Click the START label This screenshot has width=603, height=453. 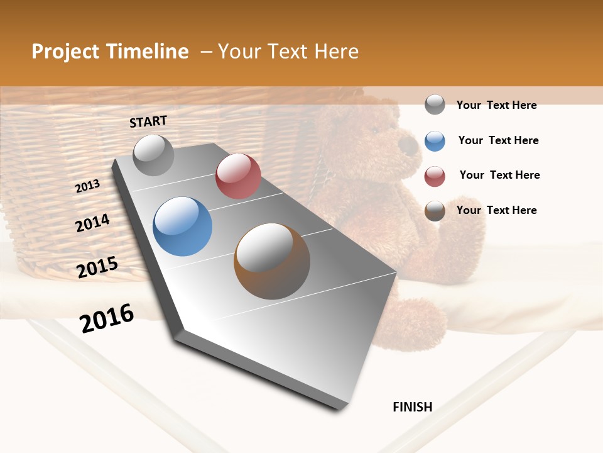pyautogui.click(x=148, y=121)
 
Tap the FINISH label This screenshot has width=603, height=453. pyautogui.click(x=412, y=407)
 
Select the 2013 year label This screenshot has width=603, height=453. pyautogui.click(x=87, y=186)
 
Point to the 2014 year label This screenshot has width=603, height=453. pyautogui.click(x=92, y=223)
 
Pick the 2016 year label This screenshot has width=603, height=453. pyautogui.click(x=107, y=318)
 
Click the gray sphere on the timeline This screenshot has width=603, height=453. pyautogui.click(x=153, y=155)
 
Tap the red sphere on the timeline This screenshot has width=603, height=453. pyautogui.click(x=238, y=176)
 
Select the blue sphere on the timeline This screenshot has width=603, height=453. pyautogui.click(x=183, y=226)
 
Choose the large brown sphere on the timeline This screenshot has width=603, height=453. pyautogui.click(x=272, y=261)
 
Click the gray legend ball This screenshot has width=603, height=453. pyautogui.click(x=435, y=105)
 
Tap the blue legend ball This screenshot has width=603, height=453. pyautogui.click(x=435, y=141)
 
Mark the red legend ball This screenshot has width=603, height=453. pyautogui.click(x=435, y=176)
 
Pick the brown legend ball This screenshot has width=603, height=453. pyautogui.click(x=435, y=211)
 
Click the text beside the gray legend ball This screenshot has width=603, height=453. pyautogui.click(x=496, y=106)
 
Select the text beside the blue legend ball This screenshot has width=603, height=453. pyautogui.click(x=498, y=141)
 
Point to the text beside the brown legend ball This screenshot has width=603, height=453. pyautogui.click(x=496, y=210)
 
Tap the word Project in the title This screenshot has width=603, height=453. pyautogui.click(x=65, y=52)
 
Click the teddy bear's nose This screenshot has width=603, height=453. pyautogui.click(x=410, y=148)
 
